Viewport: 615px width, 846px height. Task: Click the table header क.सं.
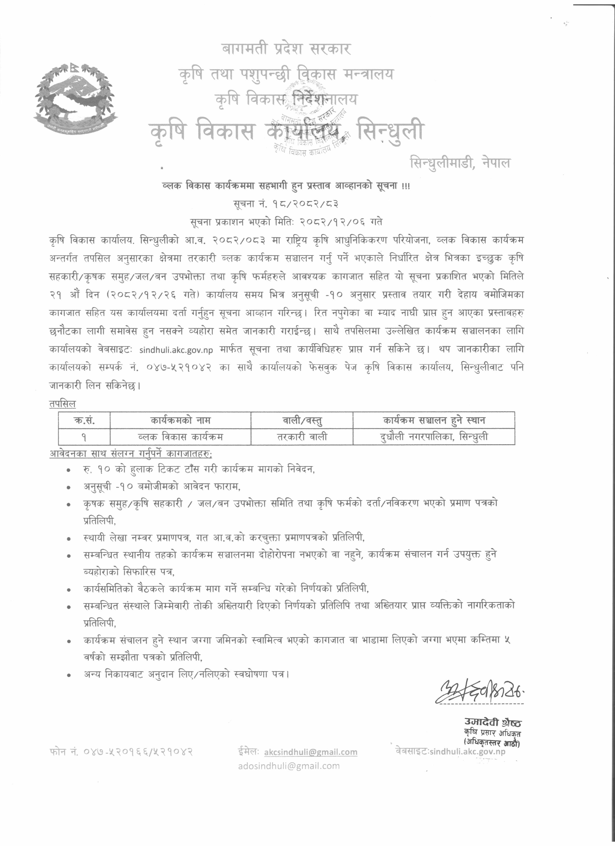pos(84,420)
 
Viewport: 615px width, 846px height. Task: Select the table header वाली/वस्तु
pos(302,420)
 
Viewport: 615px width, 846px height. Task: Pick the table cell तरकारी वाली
pos(302,437)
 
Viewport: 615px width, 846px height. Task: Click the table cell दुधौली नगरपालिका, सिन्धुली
pos(434,437)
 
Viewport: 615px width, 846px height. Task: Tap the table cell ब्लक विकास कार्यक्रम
pos(180,437)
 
